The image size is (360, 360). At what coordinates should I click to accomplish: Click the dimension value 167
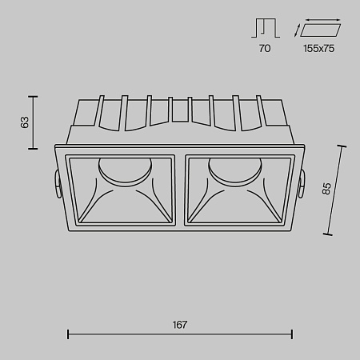[x=179, y=325]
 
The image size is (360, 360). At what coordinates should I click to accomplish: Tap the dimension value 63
[x=25, y=122]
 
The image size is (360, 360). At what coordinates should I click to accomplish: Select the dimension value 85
[x=326, y=190]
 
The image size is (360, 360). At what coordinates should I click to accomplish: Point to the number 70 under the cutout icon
[x=265, y=48]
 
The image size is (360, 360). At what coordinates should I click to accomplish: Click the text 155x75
[x=319, y=48]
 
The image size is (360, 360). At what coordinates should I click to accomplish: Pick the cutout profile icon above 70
[x=265, y=29]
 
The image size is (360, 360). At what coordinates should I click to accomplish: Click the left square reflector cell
[x=123, y=190]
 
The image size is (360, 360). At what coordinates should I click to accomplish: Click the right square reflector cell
[x=235, y=190]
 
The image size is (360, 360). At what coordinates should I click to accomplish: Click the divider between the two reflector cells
[x=179, y=190]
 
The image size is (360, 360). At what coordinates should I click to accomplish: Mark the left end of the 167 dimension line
[x=67, y=335]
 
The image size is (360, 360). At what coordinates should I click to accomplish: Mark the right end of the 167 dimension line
[x=292, y=335]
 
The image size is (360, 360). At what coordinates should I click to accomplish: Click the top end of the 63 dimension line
[x=34, y=96]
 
